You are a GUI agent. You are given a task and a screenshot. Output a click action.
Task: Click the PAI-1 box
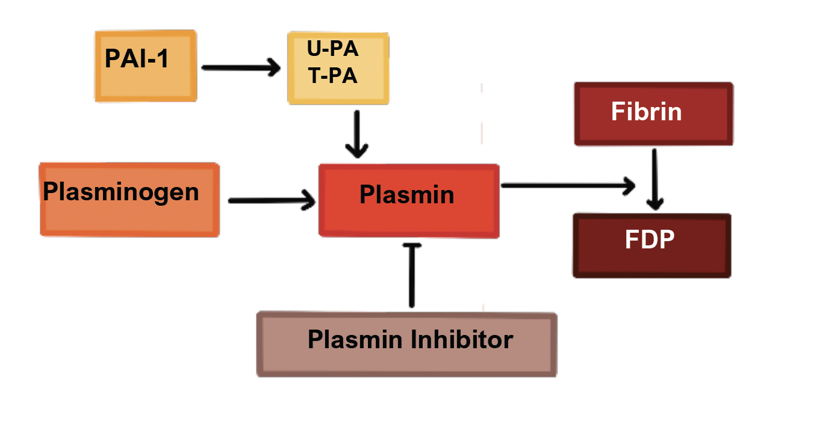[x=146, y=66]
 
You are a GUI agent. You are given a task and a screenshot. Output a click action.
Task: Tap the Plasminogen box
[x=129, y=200]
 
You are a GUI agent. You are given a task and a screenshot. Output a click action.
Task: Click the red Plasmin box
[x=409, y=201]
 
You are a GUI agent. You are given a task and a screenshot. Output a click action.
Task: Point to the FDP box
[x=652, y=245]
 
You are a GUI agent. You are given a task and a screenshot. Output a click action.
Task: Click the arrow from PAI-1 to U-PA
[x=241, y=67]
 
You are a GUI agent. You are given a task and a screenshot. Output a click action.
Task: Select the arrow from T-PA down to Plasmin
[x=359, y=134]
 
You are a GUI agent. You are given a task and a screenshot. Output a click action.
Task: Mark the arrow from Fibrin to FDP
[x=656, y=179]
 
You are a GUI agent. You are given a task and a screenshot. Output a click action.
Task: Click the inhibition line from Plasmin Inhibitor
[x=412, y=277]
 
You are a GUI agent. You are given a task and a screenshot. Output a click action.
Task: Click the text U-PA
[x=332, y=49]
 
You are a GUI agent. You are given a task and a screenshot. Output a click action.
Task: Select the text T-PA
[x=332, y=76]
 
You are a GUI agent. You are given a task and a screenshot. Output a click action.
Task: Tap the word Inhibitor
[x=461, y=340]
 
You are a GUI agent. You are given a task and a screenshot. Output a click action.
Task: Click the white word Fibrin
[x=646, y=112]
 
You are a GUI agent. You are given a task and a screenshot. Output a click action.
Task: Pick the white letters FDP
[x=649, y=240]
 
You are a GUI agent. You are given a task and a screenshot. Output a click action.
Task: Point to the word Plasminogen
[x=121, y=192]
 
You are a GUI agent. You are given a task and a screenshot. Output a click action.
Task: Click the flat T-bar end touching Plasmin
[x=412, y=244]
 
